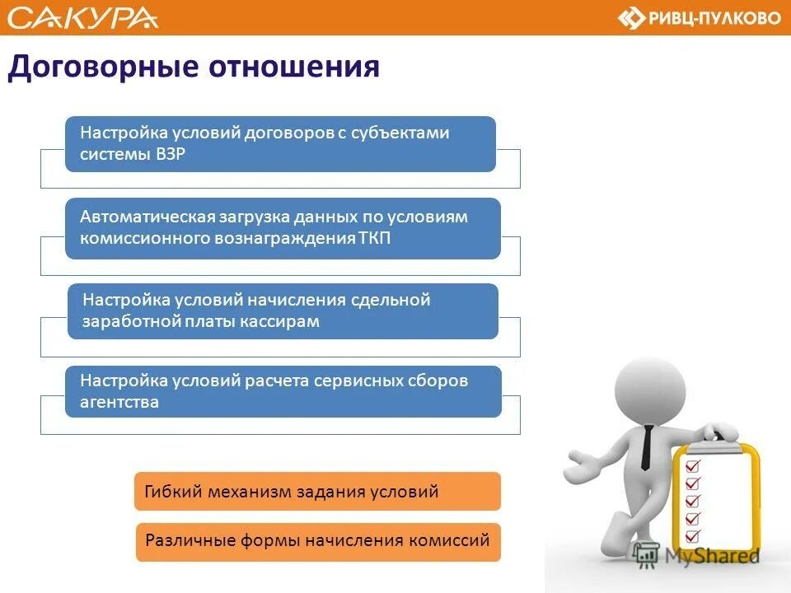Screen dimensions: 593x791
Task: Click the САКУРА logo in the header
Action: [x=82, y=17]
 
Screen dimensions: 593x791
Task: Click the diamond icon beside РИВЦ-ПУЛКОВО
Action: [x=631, y=18]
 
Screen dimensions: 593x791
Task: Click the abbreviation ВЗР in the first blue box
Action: [x=169, y=154]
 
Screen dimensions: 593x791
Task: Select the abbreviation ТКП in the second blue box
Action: [x=375, y=238]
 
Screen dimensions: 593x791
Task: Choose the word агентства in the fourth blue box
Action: [x=119, y=403]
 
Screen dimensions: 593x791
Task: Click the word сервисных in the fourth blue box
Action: [x=358, y=381]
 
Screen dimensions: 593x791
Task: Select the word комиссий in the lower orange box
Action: [x=453, y=541]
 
